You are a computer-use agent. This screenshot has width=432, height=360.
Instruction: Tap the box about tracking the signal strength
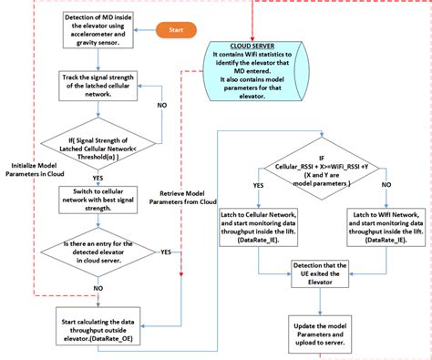[x=98, y=85]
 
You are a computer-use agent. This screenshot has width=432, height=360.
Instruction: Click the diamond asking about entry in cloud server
[x=98, y=252]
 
